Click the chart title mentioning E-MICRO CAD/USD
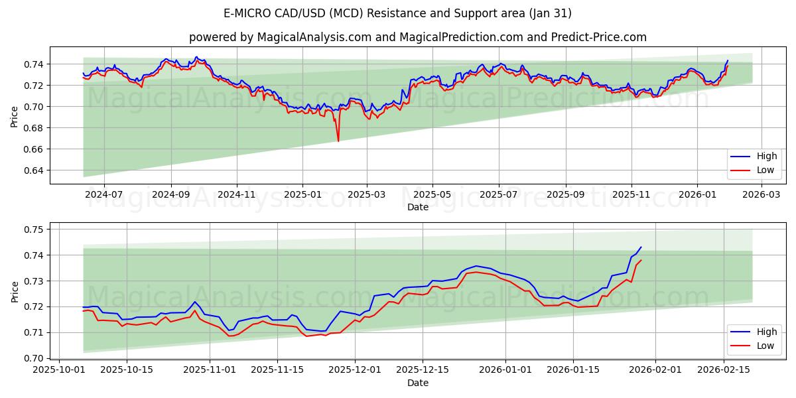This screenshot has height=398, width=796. coord(398,13)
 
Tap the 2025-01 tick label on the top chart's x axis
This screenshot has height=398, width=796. coord(302,194)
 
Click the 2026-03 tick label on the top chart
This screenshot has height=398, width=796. coord(760,194)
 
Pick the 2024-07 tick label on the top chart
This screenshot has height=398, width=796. coord(104,194)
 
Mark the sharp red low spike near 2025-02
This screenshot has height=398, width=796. coord(338,141)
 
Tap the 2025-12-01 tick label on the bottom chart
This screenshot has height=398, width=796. coord(357,370)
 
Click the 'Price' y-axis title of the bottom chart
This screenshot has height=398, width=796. coord(15,291)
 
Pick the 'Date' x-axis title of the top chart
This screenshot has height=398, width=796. coord(418,207)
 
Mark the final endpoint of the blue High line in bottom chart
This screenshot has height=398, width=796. coord(641,247)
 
